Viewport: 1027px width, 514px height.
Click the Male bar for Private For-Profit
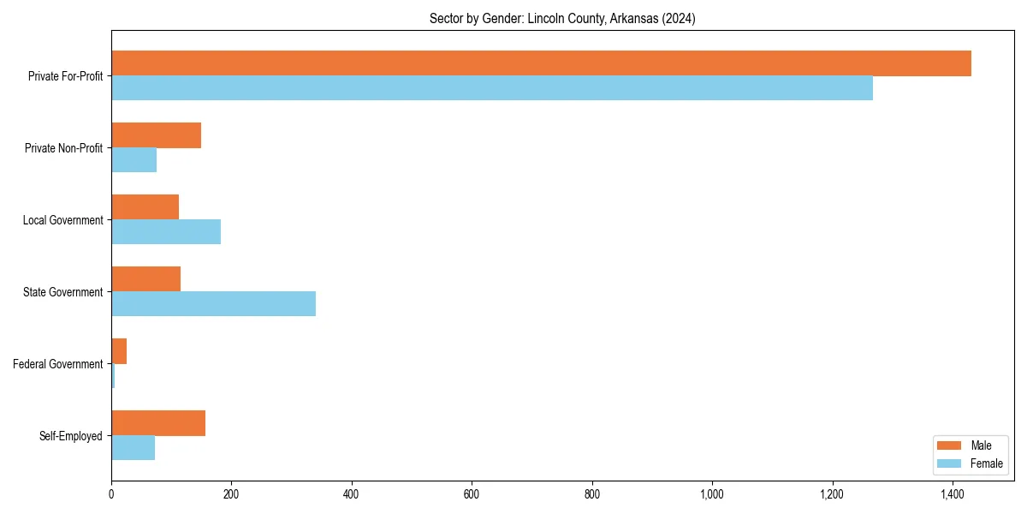coord(541,63)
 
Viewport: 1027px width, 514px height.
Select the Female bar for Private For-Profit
coord(492,88)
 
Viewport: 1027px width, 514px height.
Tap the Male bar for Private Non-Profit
coord(156,135)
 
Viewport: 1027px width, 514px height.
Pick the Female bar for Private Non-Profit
coord(134,160)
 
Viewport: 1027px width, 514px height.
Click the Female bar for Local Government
coord(166,232)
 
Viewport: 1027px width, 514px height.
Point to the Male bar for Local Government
coord(145,207)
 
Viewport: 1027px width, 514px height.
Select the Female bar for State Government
coord(213,304)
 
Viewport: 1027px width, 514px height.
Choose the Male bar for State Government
coord(145,279)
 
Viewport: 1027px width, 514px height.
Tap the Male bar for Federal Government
coord(119,351)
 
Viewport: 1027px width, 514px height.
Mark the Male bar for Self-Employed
coord(158,423)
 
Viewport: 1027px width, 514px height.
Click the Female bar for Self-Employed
coord(133,448)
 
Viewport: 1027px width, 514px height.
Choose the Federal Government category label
coord(58,364)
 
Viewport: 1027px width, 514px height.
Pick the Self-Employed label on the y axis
coord(71,436)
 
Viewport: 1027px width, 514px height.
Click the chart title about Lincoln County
coord(562,18)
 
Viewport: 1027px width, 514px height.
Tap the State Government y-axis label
coord(62,292)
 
